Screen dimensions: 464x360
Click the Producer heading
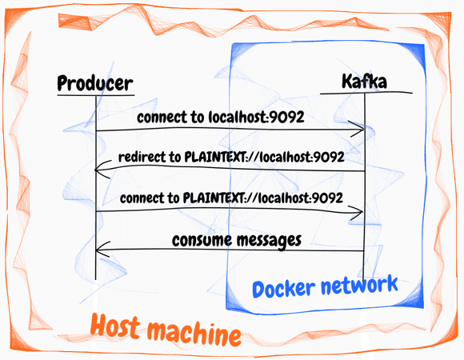pyautogui.click(x=95, y=83)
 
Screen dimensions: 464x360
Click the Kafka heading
pyautogui.click(x=364, y=81)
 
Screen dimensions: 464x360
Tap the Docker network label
pyautogui.click(x=325, y=286)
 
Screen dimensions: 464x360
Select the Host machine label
pyautogui.click(x=166, y=330)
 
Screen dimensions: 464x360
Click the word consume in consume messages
pyautogui.click(x=202, y=240)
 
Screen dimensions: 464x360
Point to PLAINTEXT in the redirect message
pyautogui.click(x=214, y=157)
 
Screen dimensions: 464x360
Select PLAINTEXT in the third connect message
pyautogui.click(x=213, y=198)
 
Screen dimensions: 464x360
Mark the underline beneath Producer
pyautogui.click(x=96, y=95)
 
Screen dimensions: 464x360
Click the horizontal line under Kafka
pyautogui.click(x=366, y=93)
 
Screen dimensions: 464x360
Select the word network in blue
pyautogui.click(x=359, y=285)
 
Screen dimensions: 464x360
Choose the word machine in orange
pyautogui.click(x=194, y=333)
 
